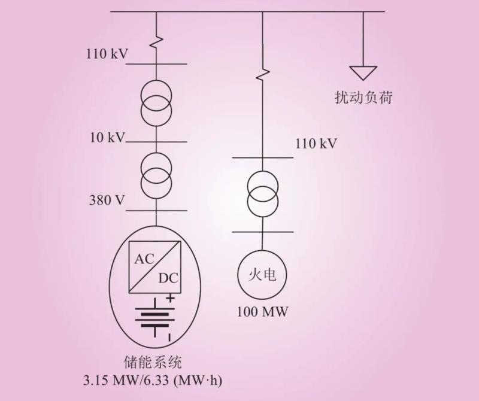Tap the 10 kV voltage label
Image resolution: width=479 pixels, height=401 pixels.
pyautogui.click(x=107, y=138)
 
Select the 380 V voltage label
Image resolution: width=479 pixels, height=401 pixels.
pyautogui.click(x=107, y=200)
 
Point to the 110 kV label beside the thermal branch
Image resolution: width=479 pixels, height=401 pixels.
pyautogui.click(x=316, y=144)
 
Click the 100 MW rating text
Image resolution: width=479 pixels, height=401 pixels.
pyautogui.click(x=262, y=312)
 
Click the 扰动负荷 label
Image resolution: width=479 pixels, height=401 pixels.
pyautogui.click(x=363, y=98)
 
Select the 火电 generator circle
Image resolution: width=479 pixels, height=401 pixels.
pyautogui.click(x=262, y=275)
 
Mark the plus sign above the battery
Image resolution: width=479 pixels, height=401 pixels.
pyautogui.click(x=170, y=297)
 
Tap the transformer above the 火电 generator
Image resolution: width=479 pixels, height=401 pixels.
pyautogui.click(x=262, y=195)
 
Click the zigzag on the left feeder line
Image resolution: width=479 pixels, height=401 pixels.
pyautogui.click(x=156, y=42)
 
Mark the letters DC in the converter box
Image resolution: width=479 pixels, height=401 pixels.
pyautogui.click(x=168, y=278)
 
